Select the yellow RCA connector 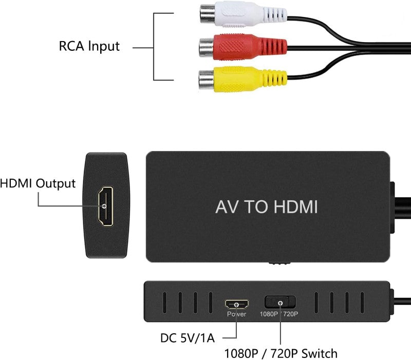point(241,79)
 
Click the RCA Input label point(89,46)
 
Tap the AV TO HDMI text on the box point(266,207)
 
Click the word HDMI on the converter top point(296,207)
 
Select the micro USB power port point(236,304)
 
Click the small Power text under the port point(236,314)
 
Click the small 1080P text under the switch point(269,314)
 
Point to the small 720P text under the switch point(290,314)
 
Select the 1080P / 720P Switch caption point(281,353)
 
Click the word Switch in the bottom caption point(320,353)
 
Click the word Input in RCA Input point(104,46)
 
